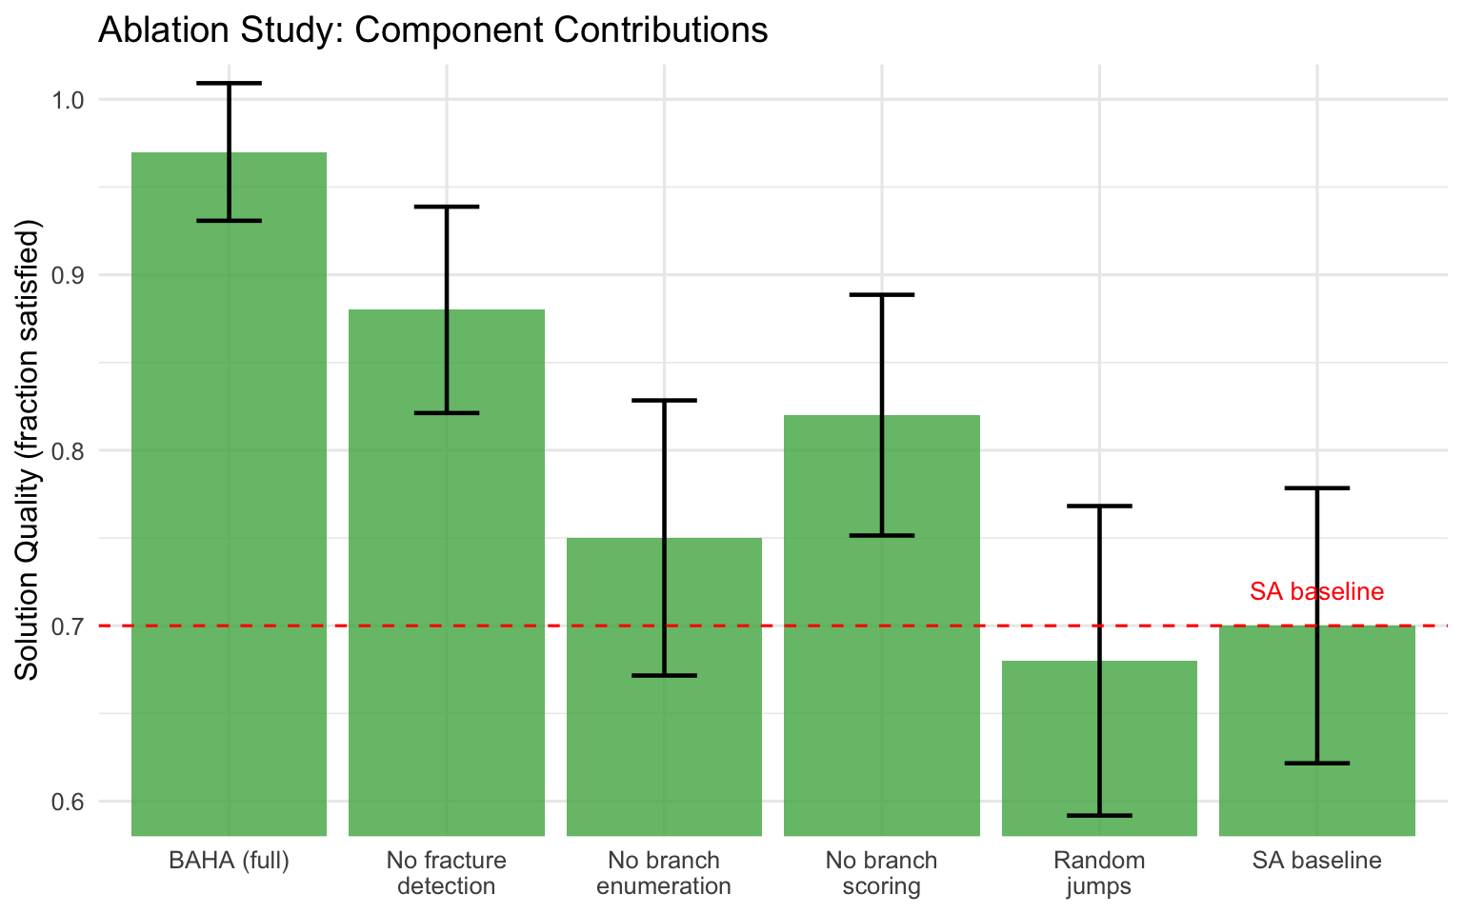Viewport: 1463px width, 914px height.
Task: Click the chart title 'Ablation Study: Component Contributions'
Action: pos(432,30)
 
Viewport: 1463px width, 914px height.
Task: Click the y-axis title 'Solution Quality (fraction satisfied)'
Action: pos(28,450)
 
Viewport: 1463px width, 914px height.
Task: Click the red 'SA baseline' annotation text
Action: pos(1316,591)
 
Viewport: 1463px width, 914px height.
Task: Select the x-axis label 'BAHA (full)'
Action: pos(229,861)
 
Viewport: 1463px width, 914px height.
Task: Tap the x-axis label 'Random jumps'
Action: pos(1099,873)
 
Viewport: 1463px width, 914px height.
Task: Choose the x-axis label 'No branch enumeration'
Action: pos(664,873)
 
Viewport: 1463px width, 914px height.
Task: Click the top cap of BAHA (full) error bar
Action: pos(230,84)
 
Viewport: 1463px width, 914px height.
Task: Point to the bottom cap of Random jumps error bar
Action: pos(1099,816)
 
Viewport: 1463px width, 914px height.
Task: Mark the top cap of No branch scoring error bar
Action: pos(882,295)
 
